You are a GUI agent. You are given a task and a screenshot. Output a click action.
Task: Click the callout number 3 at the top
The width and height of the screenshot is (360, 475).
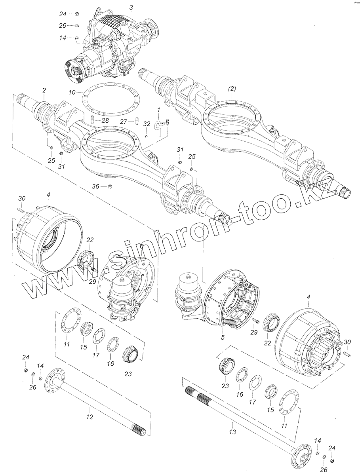coord(131,8)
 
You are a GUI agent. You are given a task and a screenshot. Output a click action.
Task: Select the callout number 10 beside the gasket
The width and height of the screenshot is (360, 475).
coord(72,92)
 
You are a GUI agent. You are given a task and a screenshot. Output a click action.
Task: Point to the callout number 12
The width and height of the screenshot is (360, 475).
coord(90,417)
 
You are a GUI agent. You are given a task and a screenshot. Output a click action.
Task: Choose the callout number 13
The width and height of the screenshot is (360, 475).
coord(233,432)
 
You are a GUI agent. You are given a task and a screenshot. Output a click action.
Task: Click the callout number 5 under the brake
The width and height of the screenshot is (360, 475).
coord(223,338)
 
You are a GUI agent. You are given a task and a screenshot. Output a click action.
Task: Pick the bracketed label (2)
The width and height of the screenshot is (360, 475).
coord(232,90)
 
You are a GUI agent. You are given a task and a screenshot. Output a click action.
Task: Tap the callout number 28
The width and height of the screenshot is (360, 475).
coord(105,120)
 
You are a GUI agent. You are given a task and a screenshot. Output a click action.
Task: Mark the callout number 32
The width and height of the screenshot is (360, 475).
coord(147,124)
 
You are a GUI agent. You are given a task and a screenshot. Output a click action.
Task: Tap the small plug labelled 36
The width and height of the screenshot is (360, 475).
coord(110,186)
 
